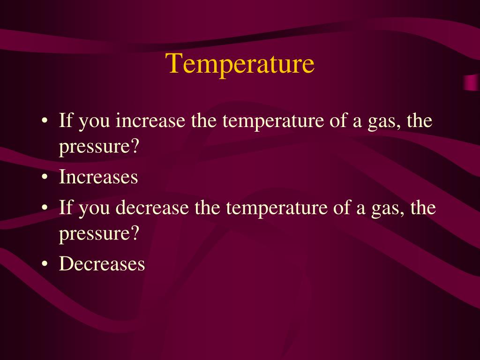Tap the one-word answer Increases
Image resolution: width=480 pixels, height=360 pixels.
click(98, 177)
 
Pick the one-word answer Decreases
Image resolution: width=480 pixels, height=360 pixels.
click(102, 264)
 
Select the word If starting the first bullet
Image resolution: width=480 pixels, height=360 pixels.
click(65, 121)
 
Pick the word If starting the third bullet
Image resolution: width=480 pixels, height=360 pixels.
click(65, 208)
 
